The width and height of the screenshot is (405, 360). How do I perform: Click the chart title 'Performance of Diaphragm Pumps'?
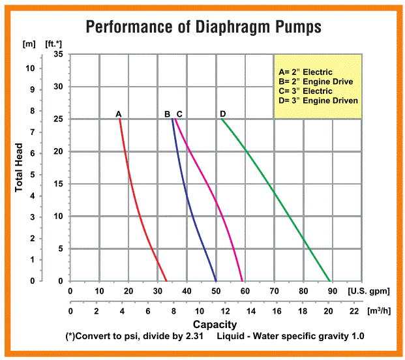click(202, 28)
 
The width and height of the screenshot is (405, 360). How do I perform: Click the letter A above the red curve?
click(119, 113)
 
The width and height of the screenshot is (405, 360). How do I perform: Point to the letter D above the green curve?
click(223, 113)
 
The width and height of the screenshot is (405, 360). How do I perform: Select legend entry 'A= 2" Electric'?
click(305, 72)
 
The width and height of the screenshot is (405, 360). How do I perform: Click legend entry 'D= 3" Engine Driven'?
click(318, 101)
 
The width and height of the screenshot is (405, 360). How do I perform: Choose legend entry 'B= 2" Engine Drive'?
click(316, 82)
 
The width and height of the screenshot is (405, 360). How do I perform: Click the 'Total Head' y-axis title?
click(19, 168)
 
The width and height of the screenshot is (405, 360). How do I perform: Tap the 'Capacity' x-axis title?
click(215, 324)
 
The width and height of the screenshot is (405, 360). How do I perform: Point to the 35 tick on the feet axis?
click(57, 54)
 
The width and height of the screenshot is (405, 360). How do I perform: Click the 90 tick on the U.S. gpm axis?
click(333, 292)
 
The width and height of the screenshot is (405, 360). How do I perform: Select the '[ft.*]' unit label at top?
click(54, 44)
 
